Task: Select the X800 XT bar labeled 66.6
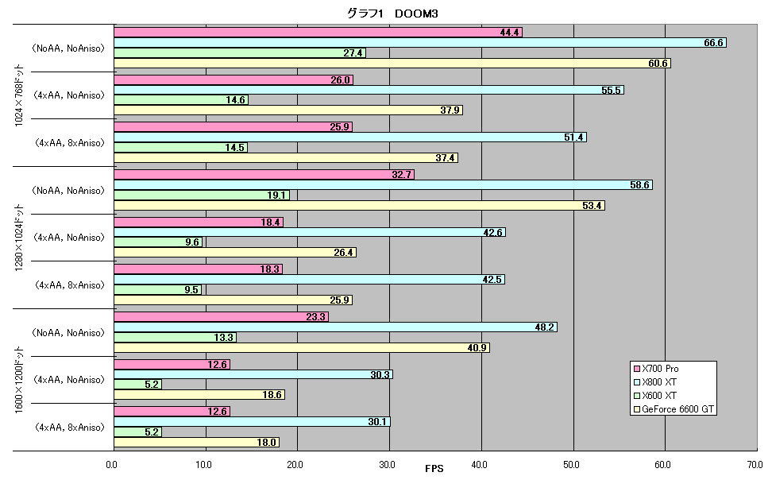(420, 43)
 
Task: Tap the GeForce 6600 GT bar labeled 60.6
(392, 63)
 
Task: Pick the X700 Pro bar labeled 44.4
(318, 33)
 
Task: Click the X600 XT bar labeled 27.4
(240, 52)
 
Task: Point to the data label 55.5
(611, 90)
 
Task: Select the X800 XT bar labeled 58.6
(383, 185)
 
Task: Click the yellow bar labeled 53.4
(360, 206)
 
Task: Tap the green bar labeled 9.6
(158, 242)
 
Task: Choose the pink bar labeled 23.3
(221, 317)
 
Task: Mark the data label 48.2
(545, 327)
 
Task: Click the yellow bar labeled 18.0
(196, 443)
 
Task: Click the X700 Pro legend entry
(656, 369)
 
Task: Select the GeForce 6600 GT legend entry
(674, 409)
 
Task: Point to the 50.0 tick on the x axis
(571, 465)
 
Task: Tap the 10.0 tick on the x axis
(203, 465)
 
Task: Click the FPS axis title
(434, 469)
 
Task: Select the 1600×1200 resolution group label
(19, 380)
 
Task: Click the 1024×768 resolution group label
(19, 95)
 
